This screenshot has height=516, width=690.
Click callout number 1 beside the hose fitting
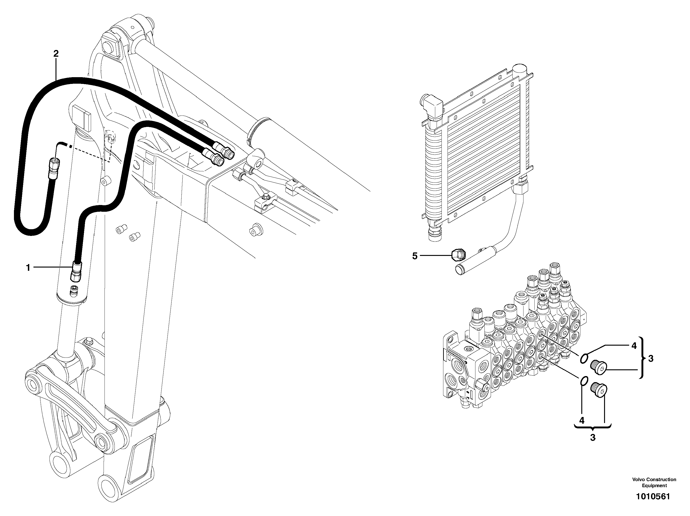pyautogui.click(x=28, y=268)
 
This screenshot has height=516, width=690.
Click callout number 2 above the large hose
pyautogui.click(x=56, y=54)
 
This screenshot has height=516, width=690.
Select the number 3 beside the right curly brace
pyautogui.click(x=651, y=359)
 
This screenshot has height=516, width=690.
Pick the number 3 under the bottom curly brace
pyautogui.click(x=593, y=438)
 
